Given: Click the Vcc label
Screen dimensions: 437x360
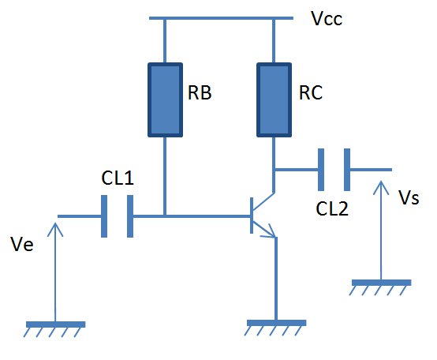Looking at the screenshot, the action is pos(327,19).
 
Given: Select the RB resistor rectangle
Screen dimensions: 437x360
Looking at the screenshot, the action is pos(166,99).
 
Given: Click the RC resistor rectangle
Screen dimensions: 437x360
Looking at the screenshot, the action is pos(275,99).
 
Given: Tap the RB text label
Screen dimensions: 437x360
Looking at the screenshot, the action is pos(200,92).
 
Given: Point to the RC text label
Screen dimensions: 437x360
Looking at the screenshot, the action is pos(311,92).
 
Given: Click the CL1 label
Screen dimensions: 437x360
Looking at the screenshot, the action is pos(118,178).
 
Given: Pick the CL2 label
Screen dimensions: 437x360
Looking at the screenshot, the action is pos(332,208).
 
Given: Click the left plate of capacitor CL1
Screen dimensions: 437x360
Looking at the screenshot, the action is pos(104,216).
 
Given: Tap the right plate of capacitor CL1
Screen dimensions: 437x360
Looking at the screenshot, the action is pos(130,216).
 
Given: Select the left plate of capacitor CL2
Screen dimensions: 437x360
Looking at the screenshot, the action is pos(321,170).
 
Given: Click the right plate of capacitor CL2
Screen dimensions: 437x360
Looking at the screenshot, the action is pos(347,170).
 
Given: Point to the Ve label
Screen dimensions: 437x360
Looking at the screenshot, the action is pos(22,244).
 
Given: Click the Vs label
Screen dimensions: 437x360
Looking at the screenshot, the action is pos(409,197).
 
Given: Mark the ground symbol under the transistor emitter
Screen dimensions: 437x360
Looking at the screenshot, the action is pos(275,328).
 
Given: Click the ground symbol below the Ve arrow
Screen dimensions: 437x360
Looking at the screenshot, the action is pos(54,328).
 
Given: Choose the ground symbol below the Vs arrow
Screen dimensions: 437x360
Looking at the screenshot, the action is pos(380,287).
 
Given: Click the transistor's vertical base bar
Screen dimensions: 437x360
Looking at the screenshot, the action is pos(252,216).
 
